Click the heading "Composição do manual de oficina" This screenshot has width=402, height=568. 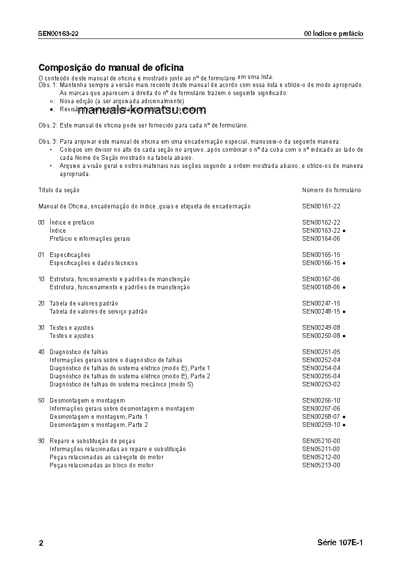[111, 67]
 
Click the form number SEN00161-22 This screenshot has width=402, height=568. [321, 206]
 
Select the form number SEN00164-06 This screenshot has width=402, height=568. [321, 239]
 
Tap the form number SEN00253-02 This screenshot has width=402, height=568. [321, 384]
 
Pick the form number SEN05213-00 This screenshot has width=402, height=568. [321, 465]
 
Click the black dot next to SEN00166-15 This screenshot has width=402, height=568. [344, 264]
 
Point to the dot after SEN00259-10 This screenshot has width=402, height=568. [344, 425]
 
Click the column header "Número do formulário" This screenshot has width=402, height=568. [331, 190]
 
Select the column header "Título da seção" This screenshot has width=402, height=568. [59, 190]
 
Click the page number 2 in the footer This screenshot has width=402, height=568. [41, 543]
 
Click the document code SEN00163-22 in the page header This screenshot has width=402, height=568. [58, 34]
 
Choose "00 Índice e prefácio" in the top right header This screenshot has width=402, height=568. [333, 34]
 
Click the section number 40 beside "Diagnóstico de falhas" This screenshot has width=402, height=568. [41, 352]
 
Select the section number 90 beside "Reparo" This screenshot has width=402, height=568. [41, 441]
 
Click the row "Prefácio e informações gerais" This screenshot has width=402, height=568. [90, 239]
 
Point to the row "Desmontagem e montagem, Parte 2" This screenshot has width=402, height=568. [99, 425]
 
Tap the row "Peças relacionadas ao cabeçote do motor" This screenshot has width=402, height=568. [106, 457]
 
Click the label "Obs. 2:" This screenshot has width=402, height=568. [48, 125]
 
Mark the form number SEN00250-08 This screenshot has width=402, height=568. [321, 336]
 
